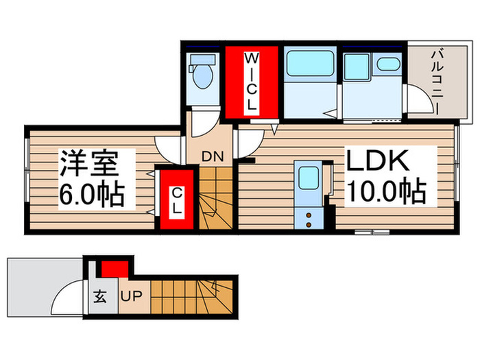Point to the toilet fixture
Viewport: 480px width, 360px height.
point(202,77)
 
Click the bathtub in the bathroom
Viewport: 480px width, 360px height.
point(309,64)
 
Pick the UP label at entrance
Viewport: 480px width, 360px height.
point(132,298)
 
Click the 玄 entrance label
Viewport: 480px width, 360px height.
point(100,298)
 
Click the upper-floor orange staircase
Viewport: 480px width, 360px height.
point(216,200)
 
